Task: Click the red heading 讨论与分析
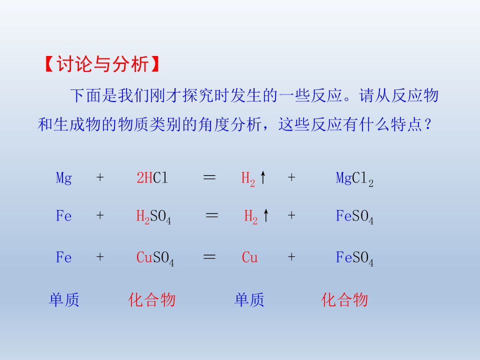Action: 102,65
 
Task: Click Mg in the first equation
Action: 64,178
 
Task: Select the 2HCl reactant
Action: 152,178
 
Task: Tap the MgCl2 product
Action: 354,179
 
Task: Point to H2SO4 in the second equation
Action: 154,217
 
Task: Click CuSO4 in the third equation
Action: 155,258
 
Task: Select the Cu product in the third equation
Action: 249,258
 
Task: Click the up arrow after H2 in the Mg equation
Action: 263,177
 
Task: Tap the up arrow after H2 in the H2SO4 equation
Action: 266,216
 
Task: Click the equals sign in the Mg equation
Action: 209,177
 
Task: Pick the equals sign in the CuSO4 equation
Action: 209,257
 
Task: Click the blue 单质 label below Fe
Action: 64,300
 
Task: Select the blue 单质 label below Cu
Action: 249,300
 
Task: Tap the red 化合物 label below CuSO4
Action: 152,300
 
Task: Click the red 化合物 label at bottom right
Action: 344,300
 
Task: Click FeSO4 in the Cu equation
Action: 354,258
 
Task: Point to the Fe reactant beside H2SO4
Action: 64,216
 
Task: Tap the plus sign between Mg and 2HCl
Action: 100,178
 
